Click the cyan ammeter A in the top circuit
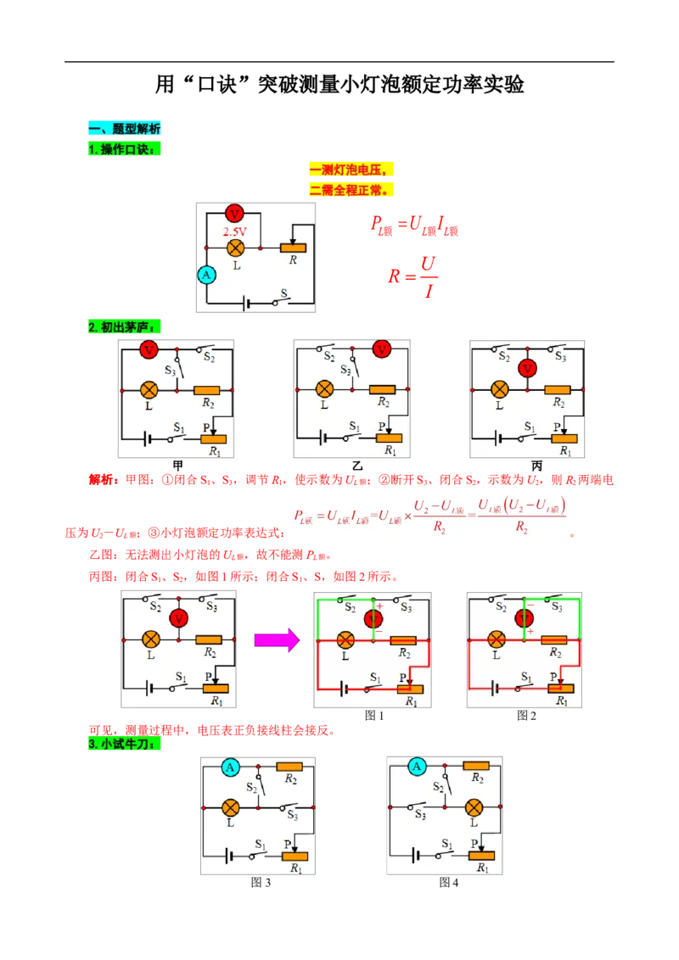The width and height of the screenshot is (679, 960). coord(206,275)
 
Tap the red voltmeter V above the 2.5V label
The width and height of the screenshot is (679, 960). coord(234,214)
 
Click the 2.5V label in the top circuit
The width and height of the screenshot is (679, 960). coord(235,232)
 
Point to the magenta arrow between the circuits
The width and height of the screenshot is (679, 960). coord(277,639)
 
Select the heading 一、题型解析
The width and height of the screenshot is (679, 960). coord(125,129)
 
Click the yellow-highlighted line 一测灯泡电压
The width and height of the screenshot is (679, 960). coord(351,170)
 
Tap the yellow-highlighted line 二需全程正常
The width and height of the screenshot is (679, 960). coord(351,190)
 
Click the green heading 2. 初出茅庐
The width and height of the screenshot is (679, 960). coord(125,327)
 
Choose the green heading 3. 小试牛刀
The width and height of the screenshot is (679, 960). coord(125,744)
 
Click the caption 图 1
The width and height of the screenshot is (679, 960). coord(373,716)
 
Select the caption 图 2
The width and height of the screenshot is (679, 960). coord(526,716)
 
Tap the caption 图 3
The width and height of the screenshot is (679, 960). coord(261,882)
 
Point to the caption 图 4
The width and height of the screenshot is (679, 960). coord(449,882)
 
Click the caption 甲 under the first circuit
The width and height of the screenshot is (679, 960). coord(177,466)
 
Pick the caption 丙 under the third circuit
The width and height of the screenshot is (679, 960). coord(536,466)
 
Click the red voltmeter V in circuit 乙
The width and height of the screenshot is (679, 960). coord(382,349)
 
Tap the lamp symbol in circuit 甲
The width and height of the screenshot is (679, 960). coord(149,390)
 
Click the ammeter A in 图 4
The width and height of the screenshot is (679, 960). coord(417,766)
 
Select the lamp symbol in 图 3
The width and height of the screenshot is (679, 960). coord(230,807)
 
